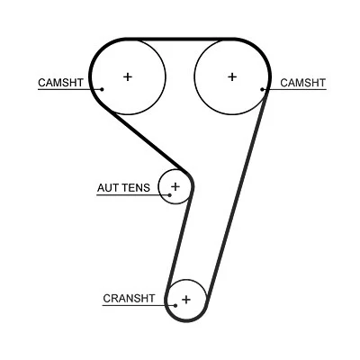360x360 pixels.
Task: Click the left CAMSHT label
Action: click(60, 83)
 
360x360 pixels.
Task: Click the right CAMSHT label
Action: click(302, 83)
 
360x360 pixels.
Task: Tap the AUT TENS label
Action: click(123, 188)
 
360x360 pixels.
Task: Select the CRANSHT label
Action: click(129, 299)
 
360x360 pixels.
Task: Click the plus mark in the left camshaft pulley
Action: click(128, 76)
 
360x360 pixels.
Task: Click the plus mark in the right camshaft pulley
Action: click(232, 76)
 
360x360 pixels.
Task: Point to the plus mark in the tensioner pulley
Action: click(175, 186)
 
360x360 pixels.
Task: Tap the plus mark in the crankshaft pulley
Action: click(186, 300)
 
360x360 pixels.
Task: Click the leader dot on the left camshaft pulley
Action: click(102, 89)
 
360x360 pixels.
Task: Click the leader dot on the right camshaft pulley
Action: click(262, 89)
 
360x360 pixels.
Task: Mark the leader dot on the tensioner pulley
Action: click(170, 195)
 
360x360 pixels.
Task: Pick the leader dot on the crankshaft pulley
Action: click(175, 306)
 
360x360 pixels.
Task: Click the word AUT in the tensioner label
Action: click(107, 188)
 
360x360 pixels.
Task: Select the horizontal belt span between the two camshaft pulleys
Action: click(180, 40)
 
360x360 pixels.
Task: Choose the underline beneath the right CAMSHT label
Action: click(294, 89)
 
